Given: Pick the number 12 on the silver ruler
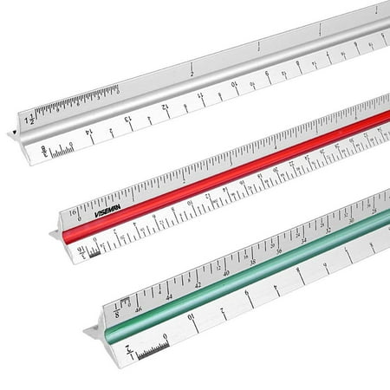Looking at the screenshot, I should point(164,108).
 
